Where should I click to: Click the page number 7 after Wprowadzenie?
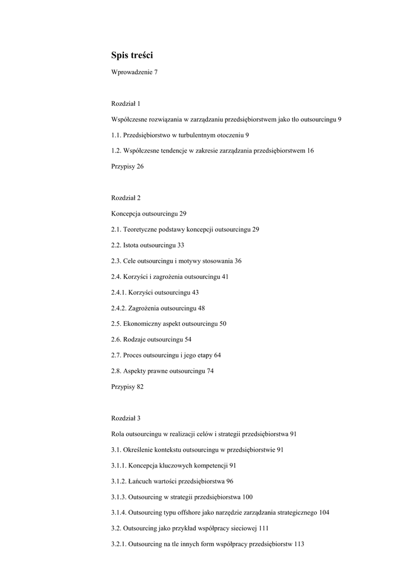click(156, 73)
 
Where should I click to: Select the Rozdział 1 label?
click(125, 103)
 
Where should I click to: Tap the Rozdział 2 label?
click(125, 198)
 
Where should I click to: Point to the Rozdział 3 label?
click(125, 418)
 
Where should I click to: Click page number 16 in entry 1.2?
click(311, 151)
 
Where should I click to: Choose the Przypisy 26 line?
click(127, 166)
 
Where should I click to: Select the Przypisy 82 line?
click(127, 386)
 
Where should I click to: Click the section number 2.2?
click(116, 245)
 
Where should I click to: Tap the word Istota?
click(131, 245)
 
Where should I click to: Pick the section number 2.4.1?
click(119, 292)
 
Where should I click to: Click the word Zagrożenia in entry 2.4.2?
click(144, 308)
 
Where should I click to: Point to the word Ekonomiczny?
click(143, 324)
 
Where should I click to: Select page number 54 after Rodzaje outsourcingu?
click(188, 340)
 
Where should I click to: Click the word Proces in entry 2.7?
click(132, 355)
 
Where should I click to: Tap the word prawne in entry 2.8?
click(157, 371)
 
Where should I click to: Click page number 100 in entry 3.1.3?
click(248, 497)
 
